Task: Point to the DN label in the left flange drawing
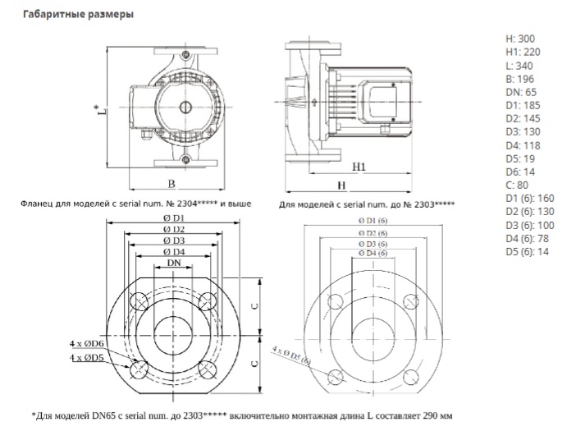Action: (173, 264)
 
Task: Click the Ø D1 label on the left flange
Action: (173, 218)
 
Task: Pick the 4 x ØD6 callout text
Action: (86, 342)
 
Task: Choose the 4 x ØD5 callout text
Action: (86, 358)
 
